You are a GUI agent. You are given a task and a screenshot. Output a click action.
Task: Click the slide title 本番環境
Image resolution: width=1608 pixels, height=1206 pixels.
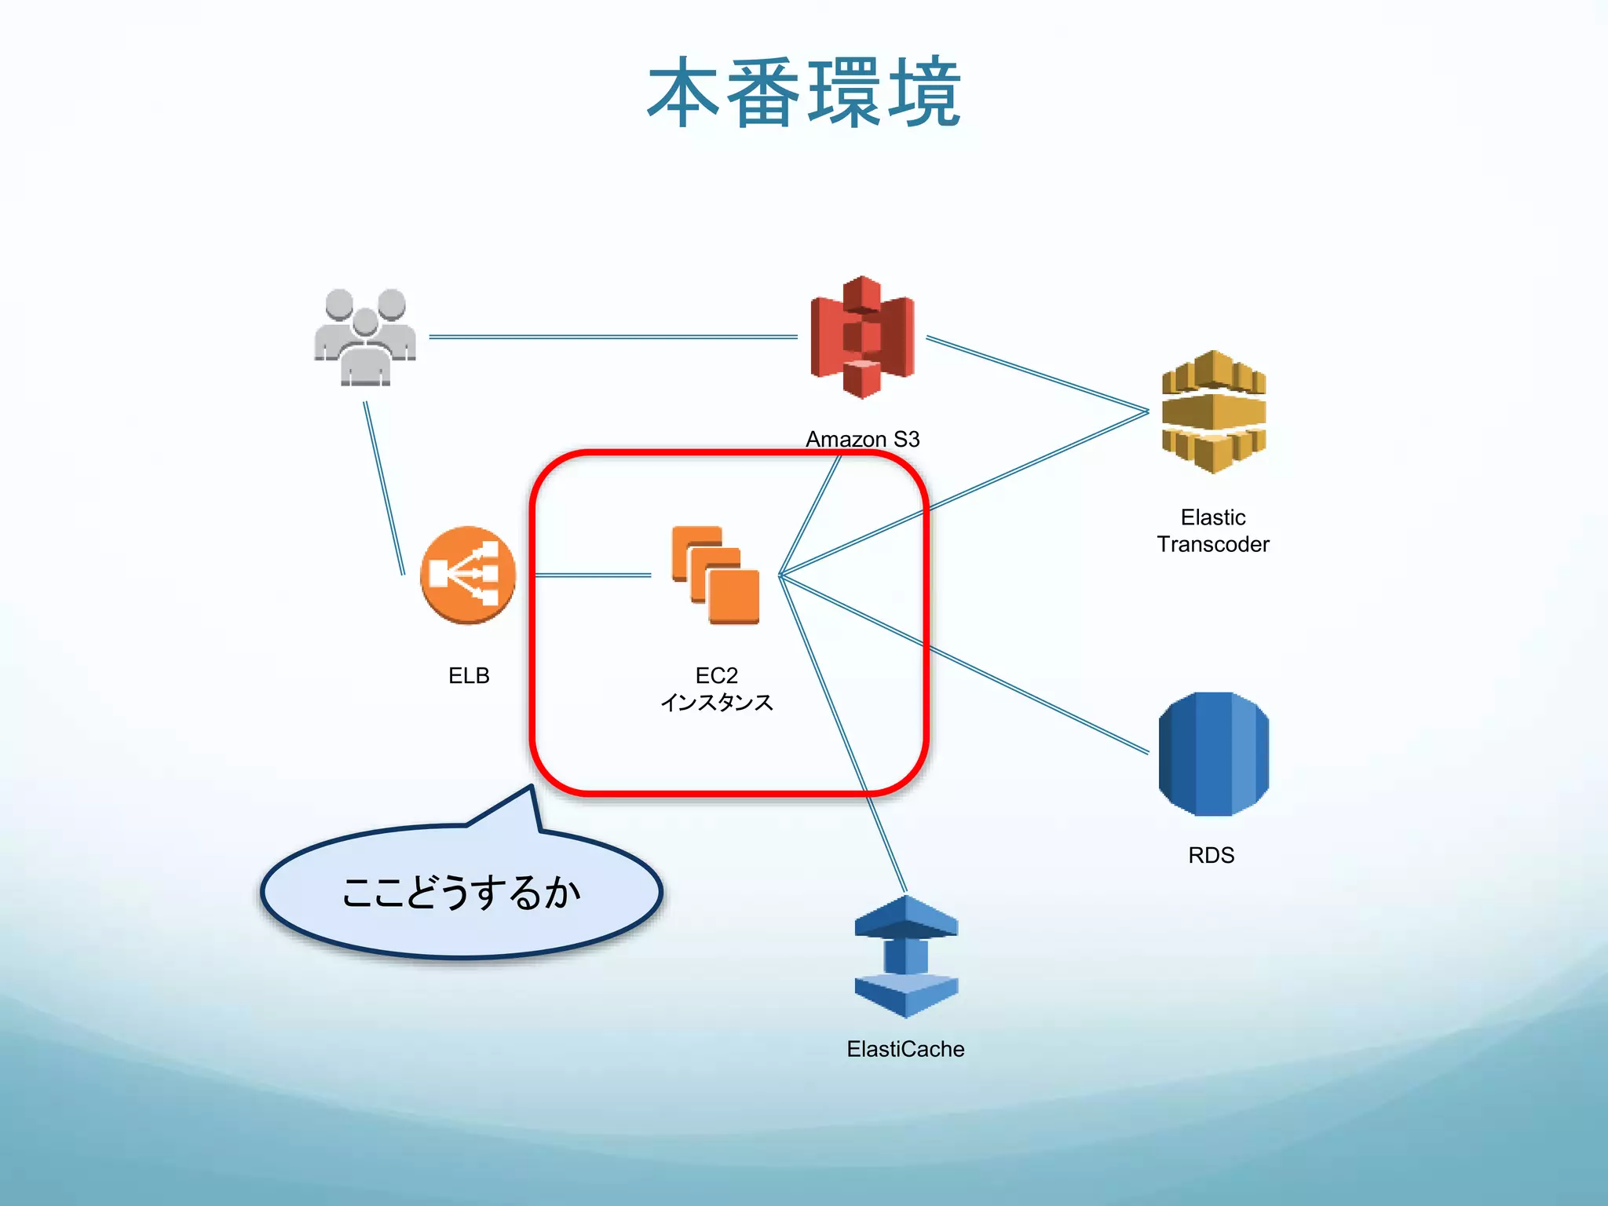pos(804,93)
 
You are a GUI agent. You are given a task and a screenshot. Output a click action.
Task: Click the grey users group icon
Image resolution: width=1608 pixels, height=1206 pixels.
pos(365,338)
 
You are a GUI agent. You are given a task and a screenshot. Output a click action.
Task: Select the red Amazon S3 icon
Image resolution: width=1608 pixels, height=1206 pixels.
pos(862,338)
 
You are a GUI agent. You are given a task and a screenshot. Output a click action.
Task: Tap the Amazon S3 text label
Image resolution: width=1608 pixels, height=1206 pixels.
pos(862,439)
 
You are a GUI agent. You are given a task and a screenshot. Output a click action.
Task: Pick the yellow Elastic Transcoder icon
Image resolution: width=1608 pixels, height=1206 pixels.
pos(1213,412)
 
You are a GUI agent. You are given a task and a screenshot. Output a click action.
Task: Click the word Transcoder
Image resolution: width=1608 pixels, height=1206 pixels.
pos(1213,544)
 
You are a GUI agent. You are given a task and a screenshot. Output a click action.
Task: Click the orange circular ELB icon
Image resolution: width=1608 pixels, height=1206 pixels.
pos(468,575)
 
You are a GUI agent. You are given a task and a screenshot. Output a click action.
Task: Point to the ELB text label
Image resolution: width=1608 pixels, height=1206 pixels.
pos(469,675)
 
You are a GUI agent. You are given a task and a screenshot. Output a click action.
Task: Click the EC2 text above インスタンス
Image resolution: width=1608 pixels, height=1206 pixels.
pos(716,675)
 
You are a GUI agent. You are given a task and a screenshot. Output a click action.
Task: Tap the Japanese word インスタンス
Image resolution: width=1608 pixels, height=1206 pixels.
pos(716,702)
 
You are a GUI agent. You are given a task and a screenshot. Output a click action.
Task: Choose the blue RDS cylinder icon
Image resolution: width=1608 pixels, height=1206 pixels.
pos(1213,754)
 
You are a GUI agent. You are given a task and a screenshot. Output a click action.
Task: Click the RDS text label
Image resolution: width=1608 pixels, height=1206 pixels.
pos(1211,855)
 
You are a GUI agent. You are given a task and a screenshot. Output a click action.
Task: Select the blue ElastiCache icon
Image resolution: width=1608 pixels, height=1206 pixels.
pos(906,956)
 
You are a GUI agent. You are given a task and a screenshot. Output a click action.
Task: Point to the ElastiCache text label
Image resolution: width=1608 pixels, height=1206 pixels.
pos(905,1049)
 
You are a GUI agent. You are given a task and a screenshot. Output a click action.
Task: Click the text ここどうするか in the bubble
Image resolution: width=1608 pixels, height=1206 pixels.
pos(462,894)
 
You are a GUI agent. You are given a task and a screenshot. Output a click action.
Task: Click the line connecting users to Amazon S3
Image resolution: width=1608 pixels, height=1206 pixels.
pos(612,337)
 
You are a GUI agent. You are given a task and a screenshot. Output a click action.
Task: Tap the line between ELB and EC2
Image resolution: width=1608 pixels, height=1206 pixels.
pos(593,576)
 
